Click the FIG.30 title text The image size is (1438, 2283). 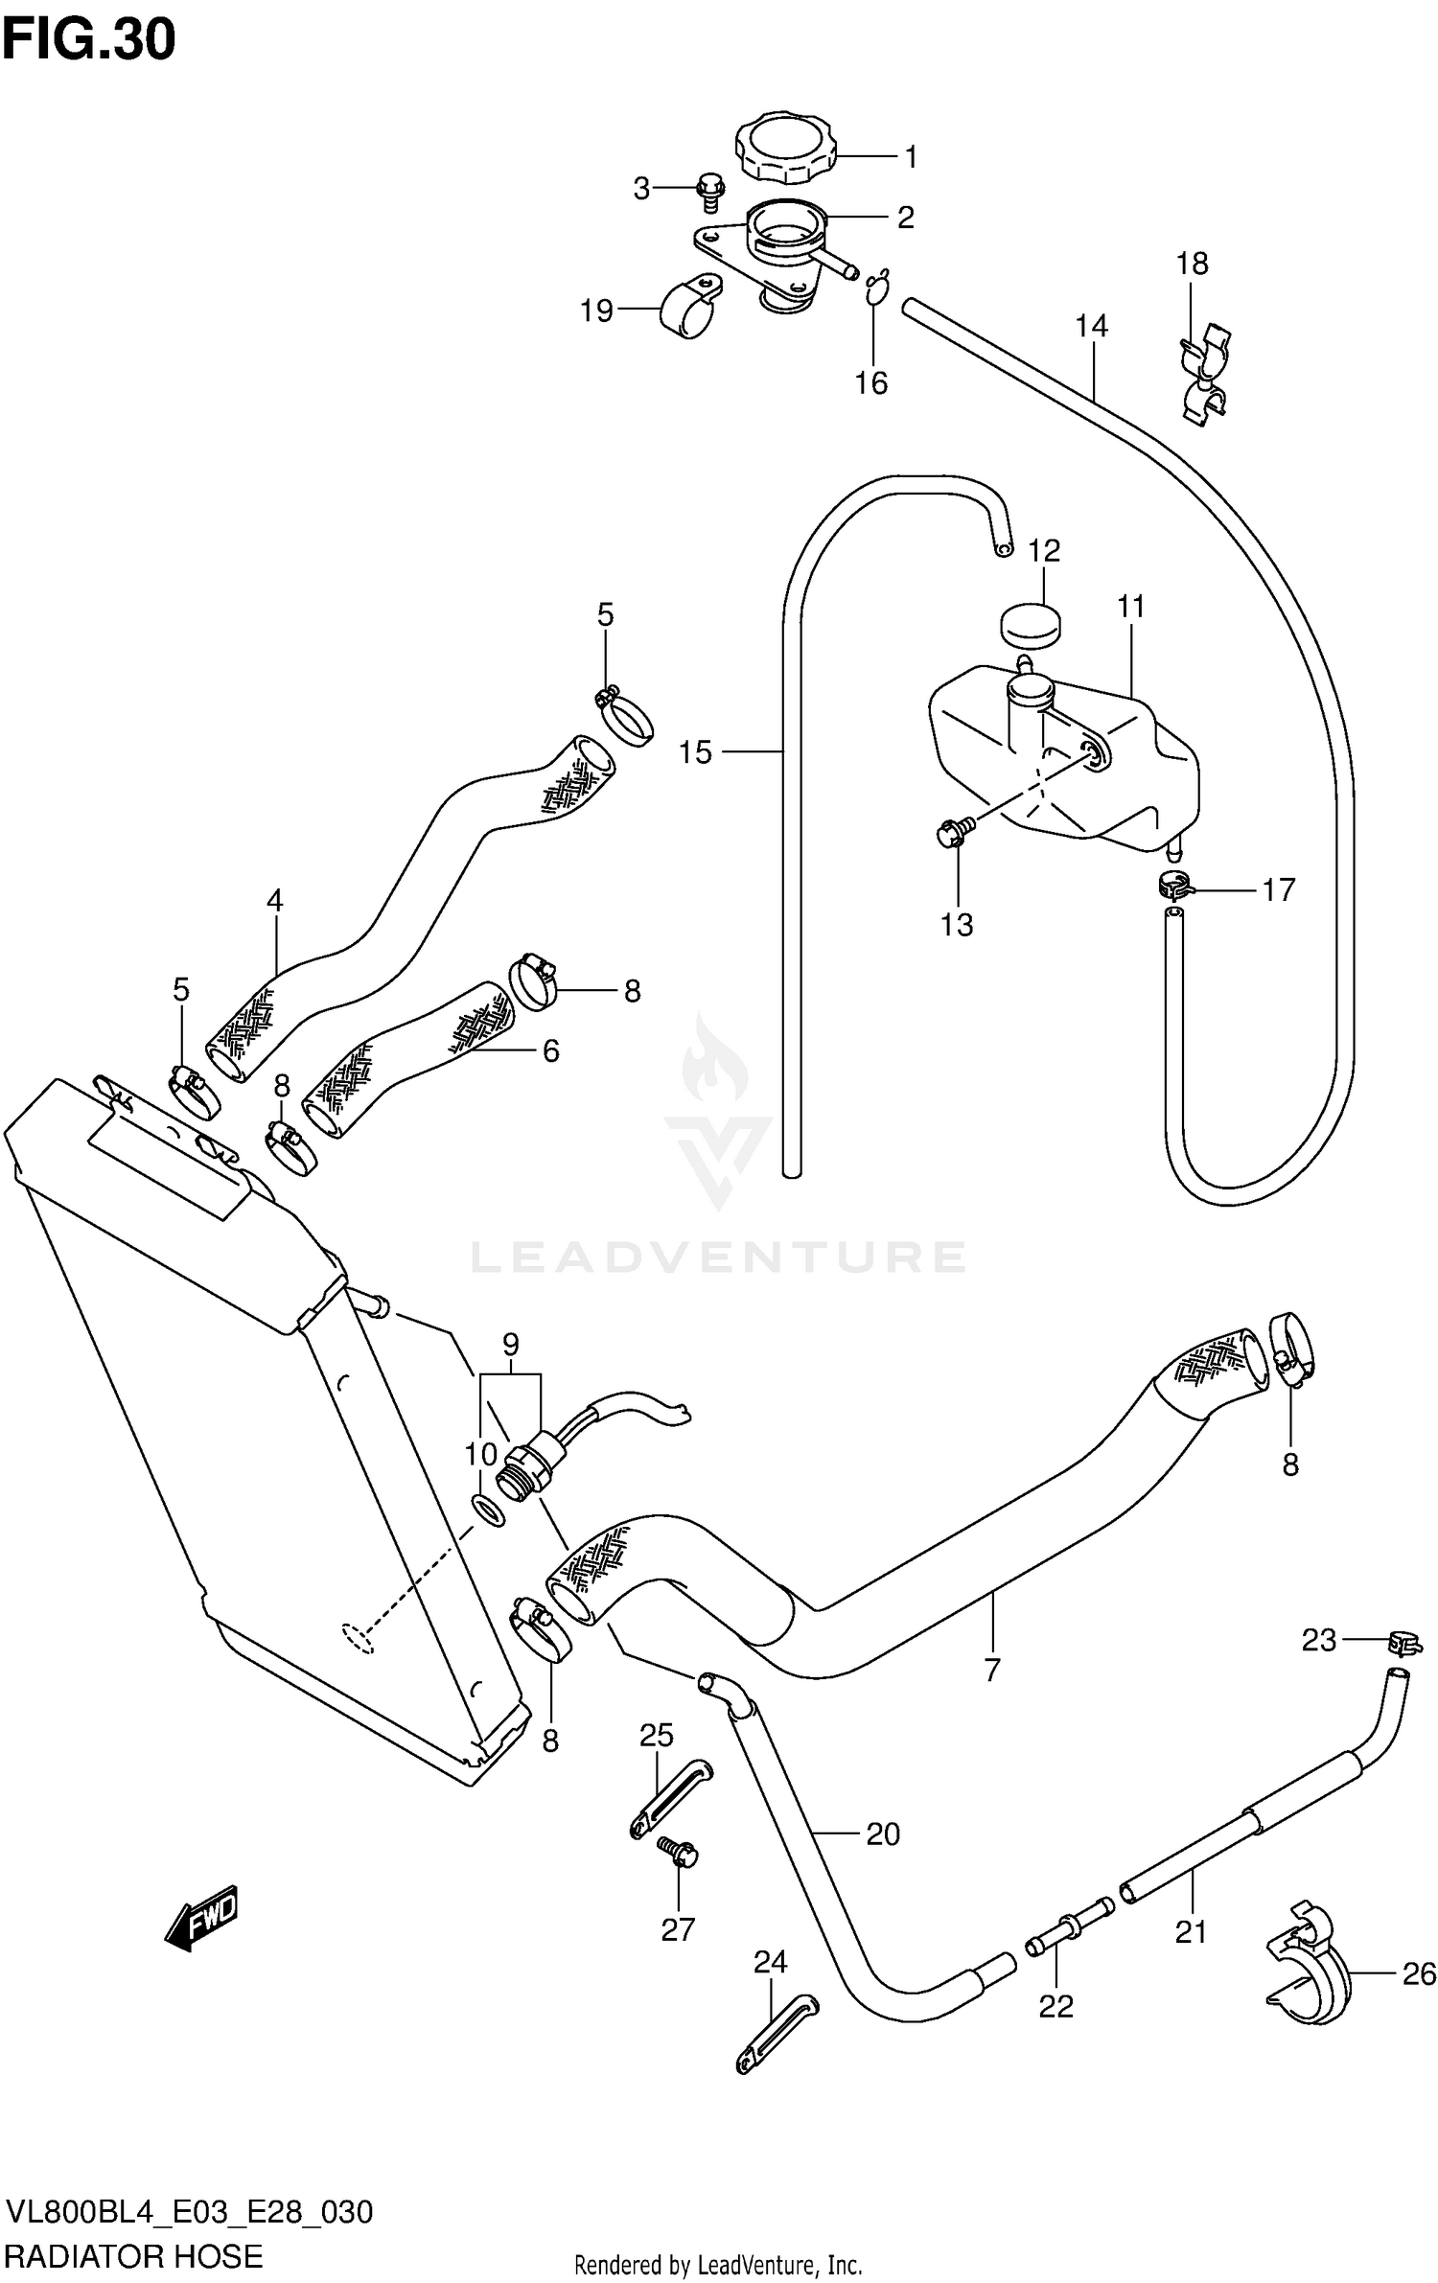tap(89, 40)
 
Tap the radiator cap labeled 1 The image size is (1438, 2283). tap(785, 149)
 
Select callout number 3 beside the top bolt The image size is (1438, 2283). tap(641, 189)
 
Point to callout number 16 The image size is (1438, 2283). tap(871, 383)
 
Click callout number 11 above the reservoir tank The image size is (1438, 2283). tap(1131, 607)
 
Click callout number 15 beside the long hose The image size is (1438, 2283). tap(696, 752)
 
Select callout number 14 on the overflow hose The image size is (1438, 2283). tap(1091, 327)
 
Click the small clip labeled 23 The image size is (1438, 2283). tap(1403, 1643)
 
